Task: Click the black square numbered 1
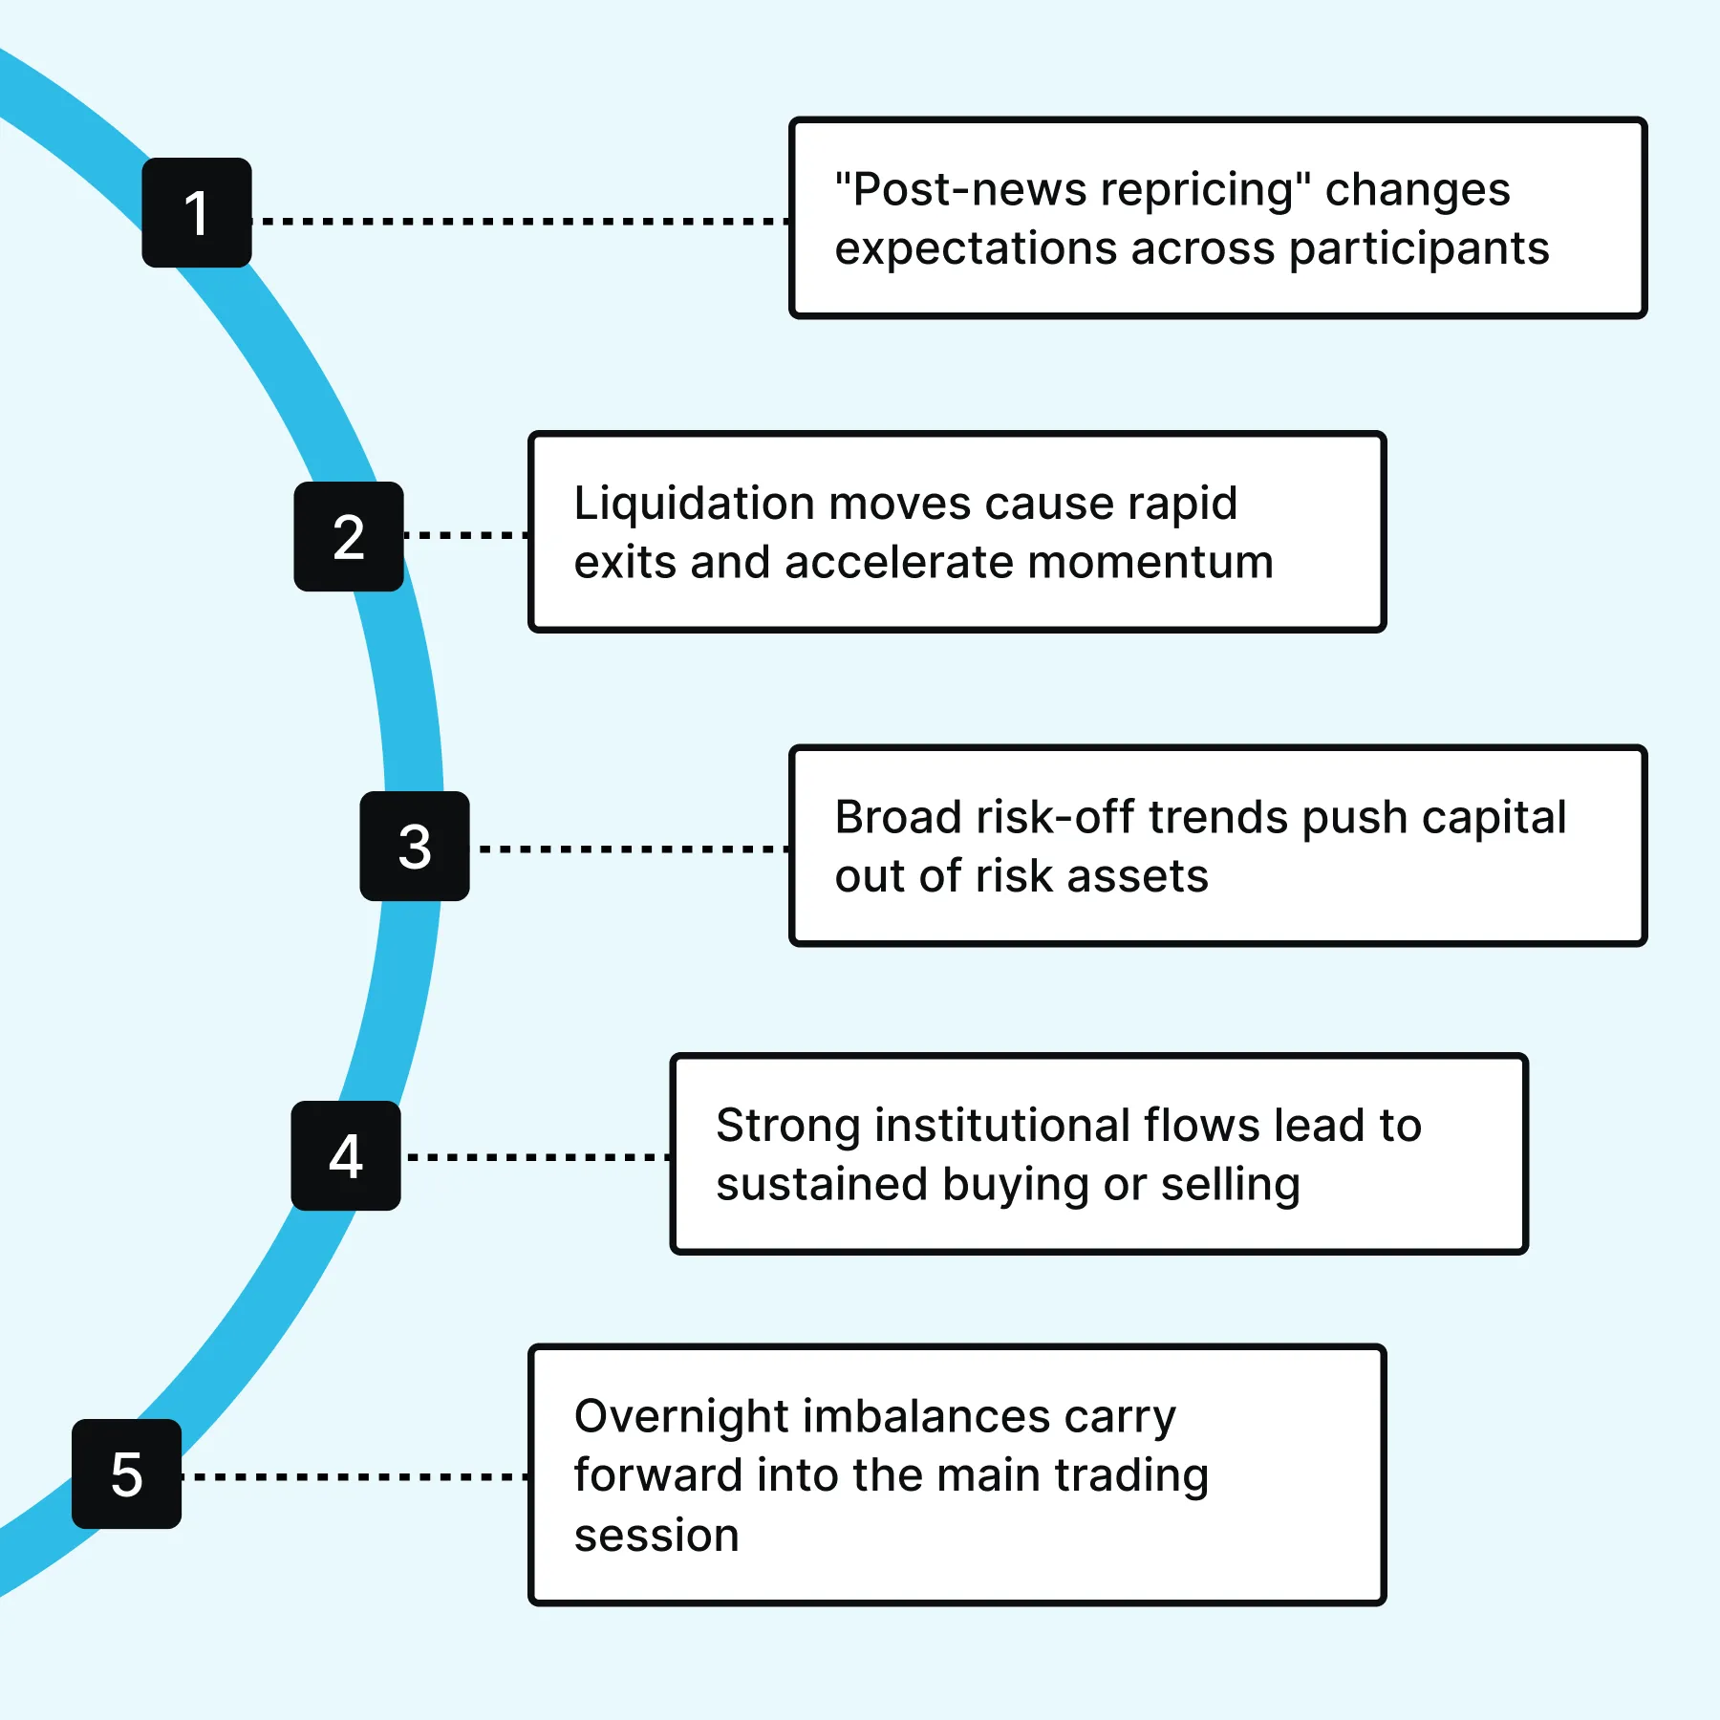point(197,212)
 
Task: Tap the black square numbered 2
point(349,536)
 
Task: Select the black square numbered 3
point(415,846)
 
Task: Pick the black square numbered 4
point(346,1155)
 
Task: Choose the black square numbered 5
point(127,1473)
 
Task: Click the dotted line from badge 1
point(521,221)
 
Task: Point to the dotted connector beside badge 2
point(466,535)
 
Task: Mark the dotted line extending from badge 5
point(355,1477)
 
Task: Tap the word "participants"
point(1419,249)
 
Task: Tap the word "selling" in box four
point(1231,1186)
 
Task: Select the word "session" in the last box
point(656,1536)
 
